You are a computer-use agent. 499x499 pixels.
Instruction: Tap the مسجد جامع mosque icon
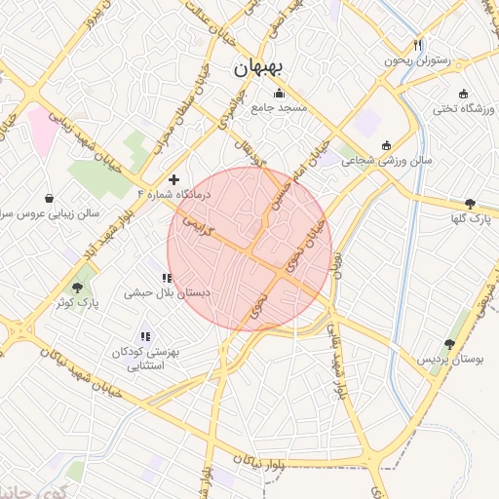(x=281, y=95)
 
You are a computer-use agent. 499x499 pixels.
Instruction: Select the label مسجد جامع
(x=281, y=108)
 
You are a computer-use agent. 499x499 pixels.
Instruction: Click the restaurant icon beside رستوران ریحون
(x=419, y=45)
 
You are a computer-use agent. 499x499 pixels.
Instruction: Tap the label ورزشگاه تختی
(x=458, y=106)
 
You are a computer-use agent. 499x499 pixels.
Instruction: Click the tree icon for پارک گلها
(x=471, y=204)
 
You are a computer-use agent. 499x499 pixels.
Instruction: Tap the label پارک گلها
(x=471, y=220)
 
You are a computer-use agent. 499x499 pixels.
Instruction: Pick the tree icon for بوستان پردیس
(x=449, y=344)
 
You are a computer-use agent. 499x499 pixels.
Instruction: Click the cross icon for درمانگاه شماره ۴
(x=174, y=179)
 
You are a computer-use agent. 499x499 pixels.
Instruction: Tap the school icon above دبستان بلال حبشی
(x=168, y=278)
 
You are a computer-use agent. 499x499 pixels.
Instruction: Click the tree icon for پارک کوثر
(x=78, y=288)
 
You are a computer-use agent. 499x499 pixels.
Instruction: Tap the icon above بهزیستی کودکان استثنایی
(x=145, y=337)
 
